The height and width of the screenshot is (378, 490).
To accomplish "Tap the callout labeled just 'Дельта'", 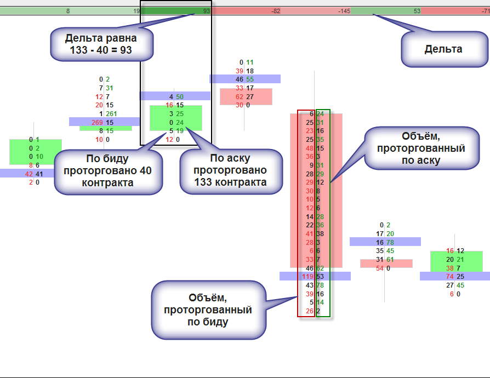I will [x=443, y=49].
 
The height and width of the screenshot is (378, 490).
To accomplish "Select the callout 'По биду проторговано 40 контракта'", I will [x=108, y=170].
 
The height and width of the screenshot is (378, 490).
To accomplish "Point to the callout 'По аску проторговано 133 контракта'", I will [x=231, y=170].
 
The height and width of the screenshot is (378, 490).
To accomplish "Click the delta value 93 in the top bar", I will [x=206, y=11].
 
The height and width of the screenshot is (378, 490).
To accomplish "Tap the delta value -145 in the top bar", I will [x=344, y=11].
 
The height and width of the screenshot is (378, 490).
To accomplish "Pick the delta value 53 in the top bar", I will [x=417, y=11].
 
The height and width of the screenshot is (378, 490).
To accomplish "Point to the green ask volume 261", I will [x=111, y=113].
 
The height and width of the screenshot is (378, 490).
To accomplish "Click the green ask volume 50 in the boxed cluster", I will [x=180, y=96].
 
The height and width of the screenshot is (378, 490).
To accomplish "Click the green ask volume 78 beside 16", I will [x=390, y=242].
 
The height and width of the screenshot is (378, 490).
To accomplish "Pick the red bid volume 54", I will [x=380, y=268].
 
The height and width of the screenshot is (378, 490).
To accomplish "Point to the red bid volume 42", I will [x=30, y=174].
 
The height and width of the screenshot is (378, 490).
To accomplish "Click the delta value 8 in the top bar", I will [x=68, y=11].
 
